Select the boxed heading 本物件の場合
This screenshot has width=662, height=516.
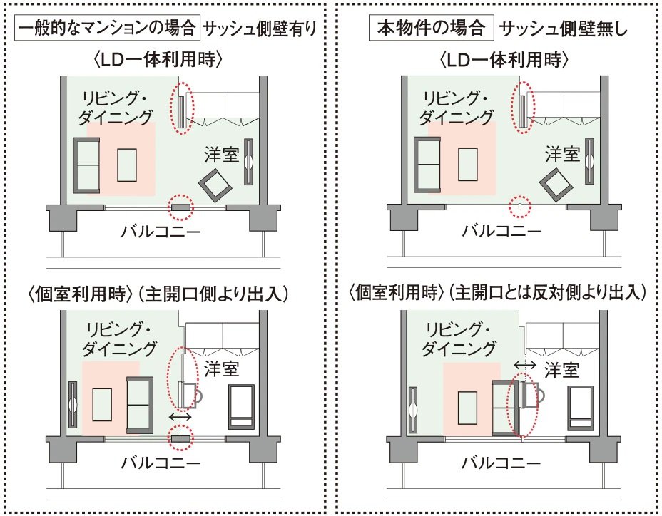point(432,29)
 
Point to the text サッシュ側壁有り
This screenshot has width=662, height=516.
point(260,29)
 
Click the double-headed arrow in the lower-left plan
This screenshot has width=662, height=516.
point(180,416)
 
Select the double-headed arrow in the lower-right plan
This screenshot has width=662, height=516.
point(525,364)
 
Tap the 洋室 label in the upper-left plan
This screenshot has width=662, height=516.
point(220,154)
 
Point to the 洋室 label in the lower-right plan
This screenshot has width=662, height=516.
point(562,369)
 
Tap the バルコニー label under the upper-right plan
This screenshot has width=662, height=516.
point(501,231)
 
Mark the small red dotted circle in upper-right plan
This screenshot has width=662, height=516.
point(521,206)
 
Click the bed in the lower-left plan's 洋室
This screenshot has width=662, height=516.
point(241,406)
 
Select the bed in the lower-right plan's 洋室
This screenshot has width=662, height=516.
point(580,406)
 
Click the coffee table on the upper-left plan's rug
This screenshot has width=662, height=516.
point(128,165)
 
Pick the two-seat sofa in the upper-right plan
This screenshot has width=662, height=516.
point(427,164)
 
